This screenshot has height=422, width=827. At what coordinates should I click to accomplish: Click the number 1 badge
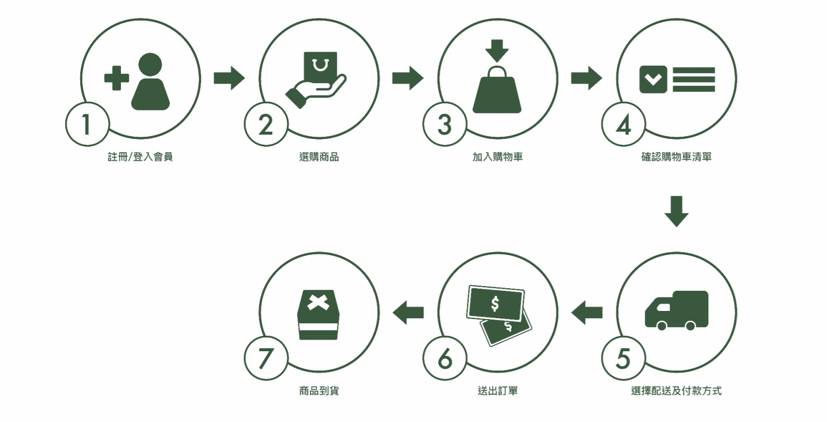click(87, 124)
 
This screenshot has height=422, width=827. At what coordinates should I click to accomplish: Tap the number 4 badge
click(623, 124)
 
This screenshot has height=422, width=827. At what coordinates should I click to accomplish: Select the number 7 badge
click(266, 358)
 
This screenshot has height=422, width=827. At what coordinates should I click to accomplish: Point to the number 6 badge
click(445, 358)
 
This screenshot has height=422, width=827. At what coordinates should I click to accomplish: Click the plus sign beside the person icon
click(117, 79)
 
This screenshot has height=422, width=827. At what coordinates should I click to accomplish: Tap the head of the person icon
click(150, 65)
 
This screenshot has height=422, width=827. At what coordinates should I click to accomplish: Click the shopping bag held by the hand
click(320, 66)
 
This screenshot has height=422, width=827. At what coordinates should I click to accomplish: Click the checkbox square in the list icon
click(653, 79)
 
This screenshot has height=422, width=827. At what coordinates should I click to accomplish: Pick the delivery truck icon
click(677, 309)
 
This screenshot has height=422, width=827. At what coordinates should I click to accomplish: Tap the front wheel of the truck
click(661, 325)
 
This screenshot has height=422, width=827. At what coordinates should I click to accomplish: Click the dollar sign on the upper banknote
click(495, 303)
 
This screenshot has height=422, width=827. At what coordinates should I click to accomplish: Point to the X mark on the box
click(318, 302)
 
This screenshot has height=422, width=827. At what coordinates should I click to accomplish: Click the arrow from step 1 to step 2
click(229, 79)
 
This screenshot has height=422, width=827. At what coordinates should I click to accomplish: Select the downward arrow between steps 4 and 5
click(676, 211)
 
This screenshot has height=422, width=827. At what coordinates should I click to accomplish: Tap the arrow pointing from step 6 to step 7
click(408, 312)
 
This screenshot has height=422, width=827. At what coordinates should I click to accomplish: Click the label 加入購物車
click(497, 157)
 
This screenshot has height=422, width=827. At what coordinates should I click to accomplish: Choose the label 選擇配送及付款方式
click(676, 391)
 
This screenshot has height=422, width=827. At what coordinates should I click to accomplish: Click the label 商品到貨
click(319, 391)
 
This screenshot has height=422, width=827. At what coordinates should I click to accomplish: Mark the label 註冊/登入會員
click(140, 157)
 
